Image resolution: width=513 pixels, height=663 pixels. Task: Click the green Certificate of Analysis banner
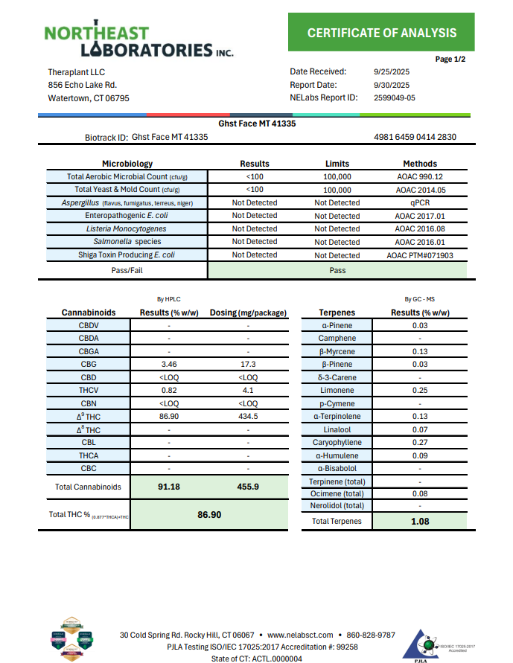(x=381, y=33)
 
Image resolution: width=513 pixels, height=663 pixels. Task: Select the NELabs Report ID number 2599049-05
(x=394, y=97)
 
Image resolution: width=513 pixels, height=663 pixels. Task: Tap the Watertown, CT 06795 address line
(x=89, y=98)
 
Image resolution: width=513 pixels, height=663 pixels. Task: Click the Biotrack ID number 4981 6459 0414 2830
(x=416, y=137)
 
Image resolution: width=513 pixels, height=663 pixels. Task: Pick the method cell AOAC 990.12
(x=420, y=177)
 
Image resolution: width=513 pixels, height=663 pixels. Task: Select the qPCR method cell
(x=420, y=202)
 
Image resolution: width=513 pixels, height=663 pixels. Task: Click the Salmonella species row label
(x=127, y=242)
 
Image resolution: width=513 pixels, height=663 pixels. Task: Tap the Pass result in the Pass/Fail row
(x=337, y=270)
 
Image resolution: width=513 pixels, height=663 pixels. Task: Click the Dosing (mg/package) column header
(x=248, y=313)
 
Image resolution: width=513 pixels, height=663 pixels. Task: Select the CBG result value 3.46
(x=169, y=365)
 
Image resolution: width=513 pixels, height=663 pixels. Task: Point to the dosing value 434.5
(x=248, y=417)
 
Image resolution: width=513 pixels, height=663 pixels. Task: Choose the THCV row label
(x=89, y=391)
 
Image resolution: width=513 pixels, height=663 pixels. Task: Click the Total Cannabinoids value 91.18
(x=171, y=487)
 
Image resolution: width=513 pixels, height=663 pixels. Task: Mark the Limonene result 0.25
(x=420, y=391)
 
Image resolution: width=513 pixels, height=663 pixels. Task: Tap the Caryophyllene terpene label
(x=337, y=443)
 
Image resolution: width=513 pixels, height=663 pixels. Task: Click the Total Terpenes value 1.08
(x=420, y=522)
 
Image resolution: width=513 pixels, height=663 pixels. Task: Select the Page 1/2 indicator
(x=450, y=59)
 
